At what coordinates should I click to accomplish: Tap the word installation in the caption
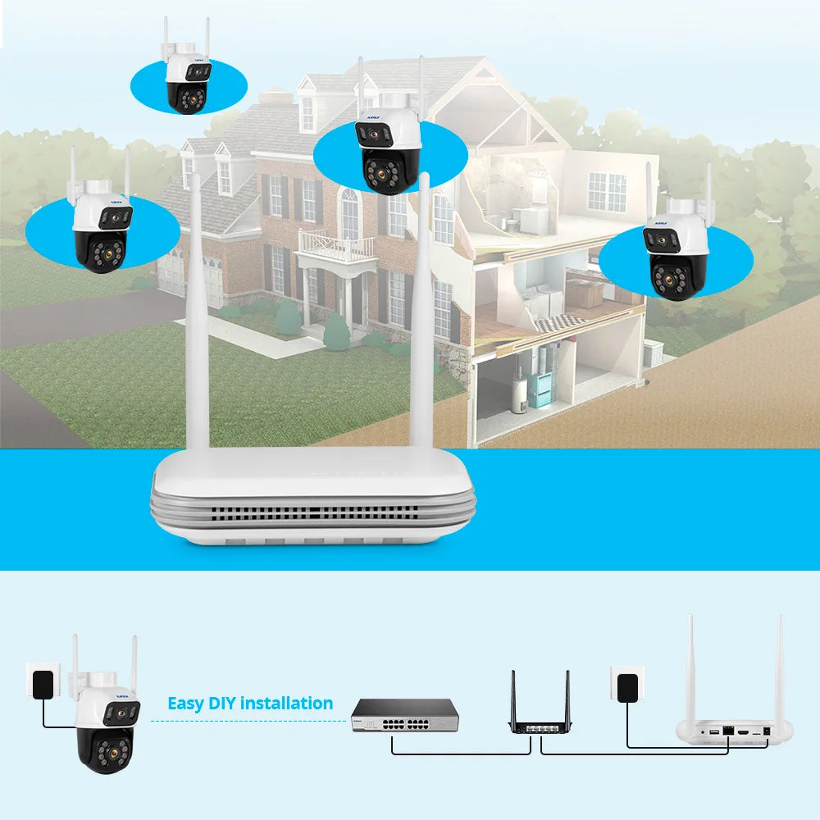pyautogui.click(x=287, y=704)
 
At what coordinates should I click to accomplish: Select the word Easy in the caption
pyautogui.click(x=185, y=704)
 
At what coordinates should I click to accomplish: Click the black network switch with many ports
pyautogui.click(x=403, y=715)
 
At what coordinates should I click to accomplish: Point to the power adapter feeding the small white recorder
pyautogui.click(x=627, y=683)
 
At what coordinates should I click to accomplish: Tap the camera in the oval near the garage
pyautogui.click(x=100, y=230)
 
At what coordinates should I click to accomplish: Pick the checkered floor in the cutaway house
pyautogui.click(x=558, y=322)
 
